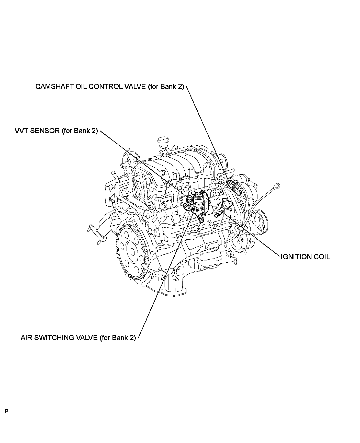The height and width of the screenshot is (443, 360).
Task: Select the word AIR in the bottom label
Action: coord(26,338)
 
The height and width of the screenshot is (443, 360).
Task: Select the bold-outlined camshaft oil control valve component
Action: coord(234,187)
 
